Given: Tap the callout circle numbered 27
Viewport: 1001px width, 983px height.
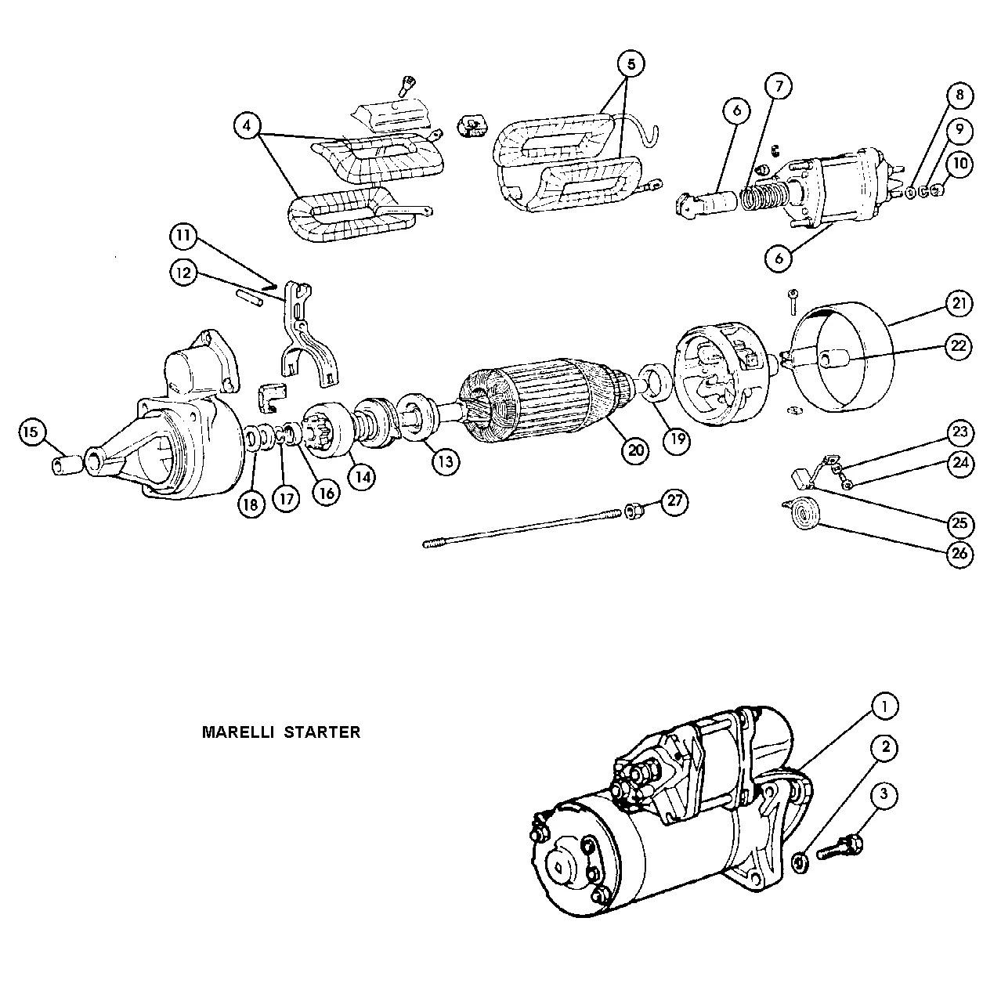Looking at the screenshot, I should pyautogui.click(x=674, y=501).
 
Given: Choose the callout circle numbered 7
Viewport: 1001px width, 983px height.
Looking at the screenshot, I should pyautogui.click(x=779, y=87).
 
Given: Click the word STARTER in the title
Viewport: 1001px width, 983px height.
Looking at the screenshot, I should pyautogui.click(x=323, y=733).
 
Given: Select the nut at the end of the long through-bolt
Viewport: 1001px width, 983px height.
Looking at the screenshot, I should pyautogui.click(x=634, y=512).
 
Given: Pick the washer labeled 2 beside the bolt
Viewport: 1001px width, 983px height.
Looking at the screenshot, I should pyautogui.click(x=800, y=863).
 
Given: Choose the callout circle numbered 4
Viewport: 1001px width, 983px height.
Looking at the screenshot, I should pyautogui.click(x=248, y=125).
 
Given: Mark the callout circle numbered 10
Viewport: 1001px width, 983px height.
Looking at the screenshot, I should pyautogui.click(x=959, y=163).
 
